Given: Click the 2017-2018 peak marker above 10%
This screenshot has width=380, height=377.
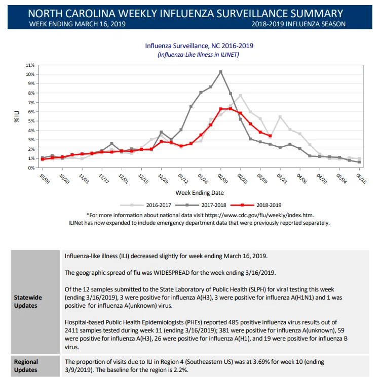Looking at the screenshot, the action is [220, 72].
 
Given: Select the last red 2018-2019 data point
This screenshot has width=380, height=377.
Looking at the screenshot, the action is [270, 136].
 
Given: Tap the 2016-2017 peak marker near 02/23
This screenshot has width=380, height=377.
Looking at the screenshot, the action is [240, 96].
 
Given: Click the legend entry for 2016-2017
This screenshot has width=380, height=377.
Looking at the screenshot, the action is [145, 205].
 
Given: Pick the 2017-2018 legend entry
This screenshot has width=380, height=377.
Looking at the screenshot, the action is [201, 205].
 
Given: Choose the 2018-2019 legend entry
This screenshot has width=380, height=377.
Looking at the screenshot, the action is [256, 205].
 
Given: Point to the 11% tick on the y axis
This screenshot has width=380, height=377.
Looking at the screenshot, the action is [30, 65].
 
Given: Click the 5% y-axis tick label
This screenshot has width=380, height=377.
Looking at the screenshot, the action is [31, 121].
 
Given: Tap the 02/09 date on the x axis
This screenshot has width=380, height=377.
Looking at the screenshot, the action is [223, 179].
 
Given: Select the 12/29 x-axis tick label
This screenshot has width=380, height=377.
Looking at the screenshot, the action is [163, 179].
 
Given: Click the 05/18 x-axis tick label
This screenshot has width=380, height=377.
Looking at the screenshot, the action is [361, 179].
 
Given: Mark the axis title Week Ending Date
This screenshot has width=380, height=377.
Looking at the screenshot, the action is [200, 193].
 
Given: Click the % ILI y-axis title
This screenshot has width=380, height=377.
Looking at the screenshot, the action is [17, 116].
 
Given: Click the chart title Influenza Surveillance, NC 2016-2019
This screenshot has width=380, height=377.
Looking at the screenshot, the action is [199, 46].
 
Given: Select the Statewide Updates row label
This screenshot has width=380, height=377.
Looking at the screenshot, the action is [28, 302].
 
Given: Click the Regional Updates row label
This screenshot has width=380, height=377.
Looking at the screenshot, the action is [26, 366].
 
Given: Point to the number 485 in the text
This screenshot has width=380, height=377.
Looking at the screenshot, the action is [234, 322].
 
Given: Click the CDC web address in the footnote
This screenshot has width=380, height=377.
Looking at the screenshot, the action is [259, 215].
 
